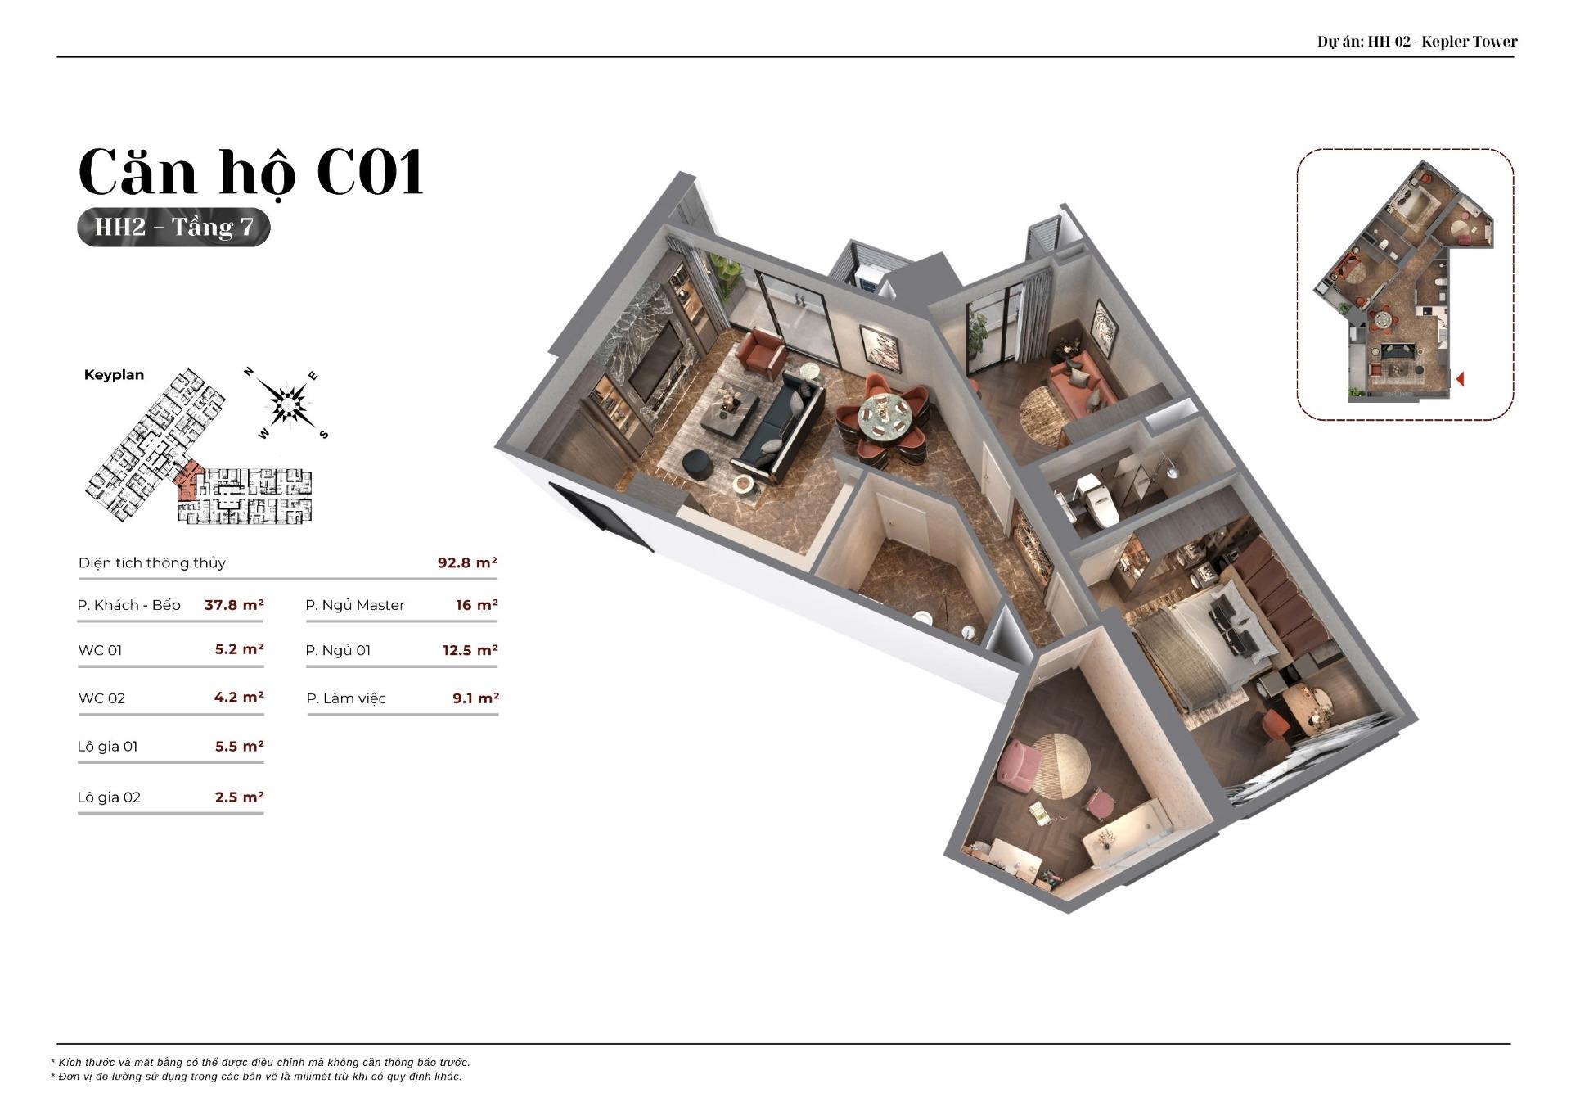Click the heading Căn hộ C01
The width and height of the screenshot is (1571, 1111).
coord(251,174)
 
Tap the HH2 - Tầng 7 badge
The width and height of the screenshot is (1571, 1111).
coord(173,227)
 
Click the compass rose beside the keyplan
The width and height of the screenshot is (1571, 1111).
coord(287,404)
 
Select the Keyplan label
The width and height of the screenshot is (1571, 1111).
coord(114,375)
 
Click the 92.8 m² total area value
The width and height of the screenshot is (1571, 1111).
coord(467,562)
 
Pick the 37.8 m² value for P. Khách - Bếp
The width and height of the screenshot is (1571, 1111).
coord(234,605)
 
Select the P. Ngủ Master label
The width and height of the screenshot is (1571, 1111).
coord(355,605)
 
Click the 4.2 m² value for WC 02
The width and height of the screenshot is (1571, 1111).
coord(239,698)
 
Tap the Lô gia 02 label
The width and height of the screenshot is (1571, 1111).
coord(109,797)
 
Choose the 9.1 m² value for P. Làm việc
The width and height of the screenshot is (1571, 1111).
coord(475,698)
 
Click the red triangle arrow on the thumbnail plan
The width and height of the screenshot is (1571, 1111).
coord(1460,379)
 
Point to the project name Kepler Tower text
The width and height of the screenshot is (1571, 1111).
coord(1470,41)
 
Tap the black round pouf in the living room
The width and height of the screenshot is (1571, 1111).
coord(697,464)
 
